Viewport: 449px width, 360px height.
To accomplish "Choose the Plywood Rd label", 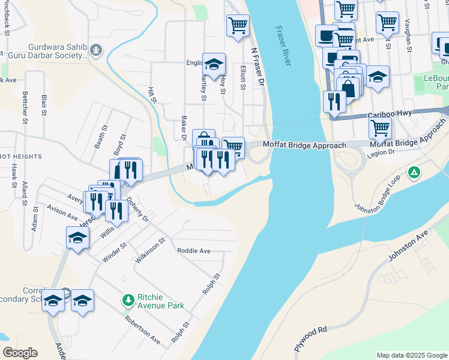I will pos(310,338).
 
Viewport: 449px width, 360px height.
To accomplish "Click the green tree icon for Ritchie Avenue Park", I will pos(127,299).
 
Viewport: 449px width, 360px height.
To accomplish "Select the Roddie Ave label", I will pos(193,251).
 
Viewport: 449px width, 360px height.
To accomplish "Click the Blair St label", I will pos(44,104).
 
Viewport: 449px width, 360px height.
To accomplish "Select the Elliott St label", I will pos(243,77).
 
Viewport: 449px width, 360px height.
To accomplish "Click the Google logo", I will pos(20,353).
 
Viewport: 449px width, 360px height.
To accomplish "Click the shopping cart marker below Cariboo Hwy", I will pos(380,127).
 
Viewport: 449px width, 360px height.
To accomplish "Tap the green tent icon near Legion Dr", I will pos(414,173).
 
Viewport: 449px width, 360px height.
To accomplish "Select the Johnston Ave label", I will pos(411,247).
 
